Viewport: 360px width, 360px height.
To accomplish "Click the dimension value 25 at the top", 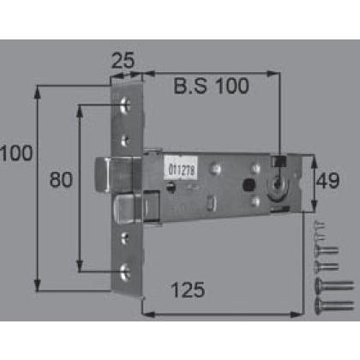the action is [x=123, y=60].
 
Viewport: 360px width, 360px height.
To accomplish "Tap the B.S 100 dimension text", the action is [x=211, y=86].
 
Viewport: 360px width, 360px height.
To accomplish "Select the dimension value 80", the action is [x=61, y=179].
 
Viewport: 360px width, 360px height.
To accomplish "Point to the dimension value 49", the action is [x=327, y=180].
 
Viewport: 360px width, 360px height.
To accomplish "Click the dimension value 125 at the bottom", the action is [x=188, y=290].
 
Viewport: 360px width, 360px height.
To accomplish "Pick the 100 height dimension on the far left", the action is [x=16, y=153].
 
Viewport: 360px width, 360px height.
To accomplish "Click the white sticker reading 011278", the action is [x=181, y=168].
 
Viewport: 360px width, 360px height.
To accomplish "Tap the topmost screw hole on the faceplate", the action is [x=125, y=105].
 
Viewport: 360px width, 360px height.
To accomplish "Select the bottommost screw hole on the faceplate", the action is [x=125, y=273].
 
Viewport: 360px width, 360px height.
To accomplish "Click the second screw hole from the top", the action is [x=125, y=141].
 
